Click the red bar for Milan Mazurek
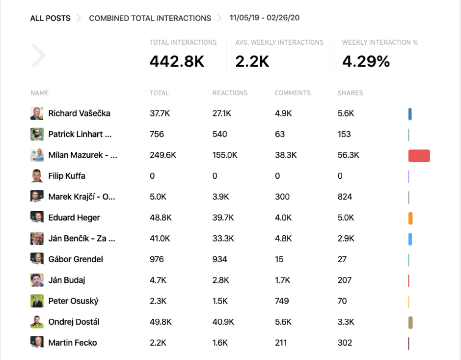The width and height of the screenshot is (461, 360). (x=419, y=156)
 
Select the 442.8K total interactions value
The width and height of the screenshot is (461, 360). (x=177, y=61)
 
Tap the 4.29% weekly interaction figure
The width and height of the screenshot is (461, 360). (x=366, y=61)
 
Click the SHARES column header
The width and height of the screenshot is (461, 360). (x=350, y=93)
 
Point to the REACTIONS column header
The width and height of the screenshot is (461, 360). (x=230, y=93)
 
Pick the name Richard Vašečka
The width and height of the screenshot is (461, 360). (x=79, y=113)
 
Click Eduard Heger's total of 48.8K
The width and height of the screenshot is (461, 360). (x=160, y=218)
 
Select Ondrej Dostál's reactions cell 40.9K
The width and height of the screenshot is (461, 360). (x=223, y=322)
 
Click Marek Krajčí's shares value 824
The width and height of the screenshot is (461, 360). (x=345, y=197)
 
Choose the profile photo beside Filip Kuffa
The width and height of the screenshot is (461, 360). (x=37, y=176)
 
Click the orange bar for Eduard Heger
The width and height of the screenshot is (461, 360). (x=410, y=218)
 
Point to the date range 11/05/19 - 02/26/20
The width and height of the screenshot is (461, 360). (x=265, y=18)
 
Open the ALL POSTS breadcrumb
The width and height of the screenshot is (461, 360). (x=50, y=18)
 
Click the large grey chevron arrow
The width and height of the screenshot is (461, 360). (x=38, y=55)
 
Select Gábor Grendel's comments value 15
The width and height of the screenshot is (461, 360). (x=279, y=259)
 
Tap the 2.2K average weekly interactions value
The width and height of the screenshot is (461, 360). (x=252, y=61)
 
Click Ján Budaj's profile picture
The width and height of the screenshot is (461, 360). (x=37, y=280)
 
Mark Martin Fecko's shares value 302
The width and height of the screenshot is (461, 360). (x=345, y=343)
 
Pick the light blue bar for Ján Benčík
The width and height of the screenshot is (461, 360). (x=410, y=239)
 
